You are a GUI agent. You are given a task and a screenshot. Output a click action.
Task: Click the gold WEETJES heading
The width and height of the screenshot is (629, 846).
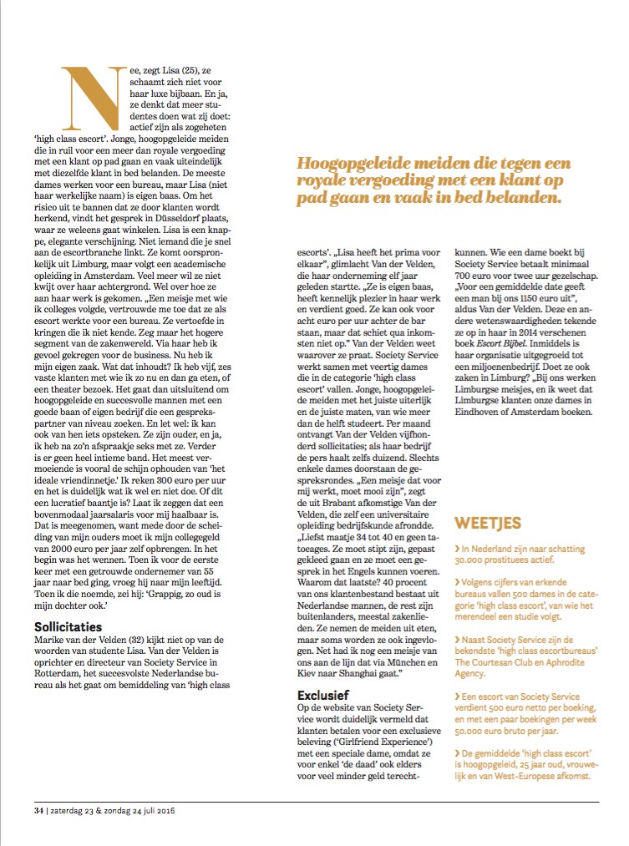coord(488,524)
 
